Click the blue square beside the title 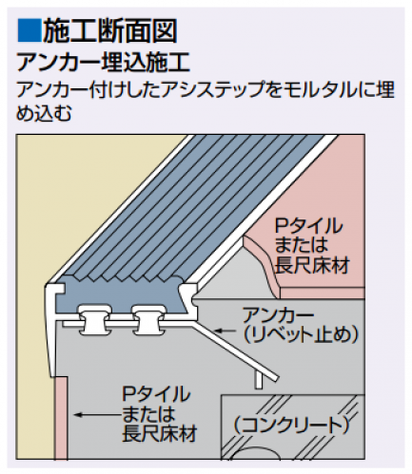29,30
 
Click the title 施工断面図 109,30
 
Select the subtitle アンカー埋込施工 104,63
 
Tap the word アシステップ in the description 210,90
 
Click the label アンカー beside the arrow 278,315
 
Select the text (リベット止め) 301,333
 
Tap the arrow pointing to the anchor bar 226,331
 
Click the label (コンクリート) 291,426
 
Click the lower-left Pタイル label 156,394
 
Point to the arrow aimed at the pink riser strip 96,414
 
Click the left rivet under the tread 94,320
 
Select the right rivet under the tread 148,320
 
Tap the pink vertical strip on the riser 61,417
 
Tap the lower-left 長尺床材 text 160,432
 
